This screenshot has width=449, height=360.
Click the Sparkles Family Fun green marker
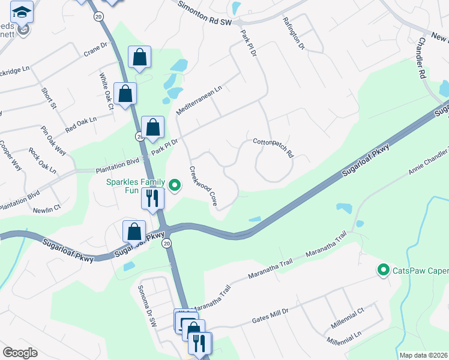click(175, 185)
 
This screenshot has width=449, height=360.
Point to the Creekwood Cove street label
click(203, 187)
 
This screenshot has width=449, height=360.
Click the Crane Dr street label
click(95, 49)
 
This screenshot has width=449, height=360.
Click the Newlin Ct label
click(47, 208)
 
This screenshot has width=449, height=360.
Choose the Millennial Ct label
click(348, 319)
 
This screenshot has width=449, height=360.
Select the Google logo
click(20, 353)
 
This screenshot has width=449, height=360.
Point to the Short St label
click(49, 98)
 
